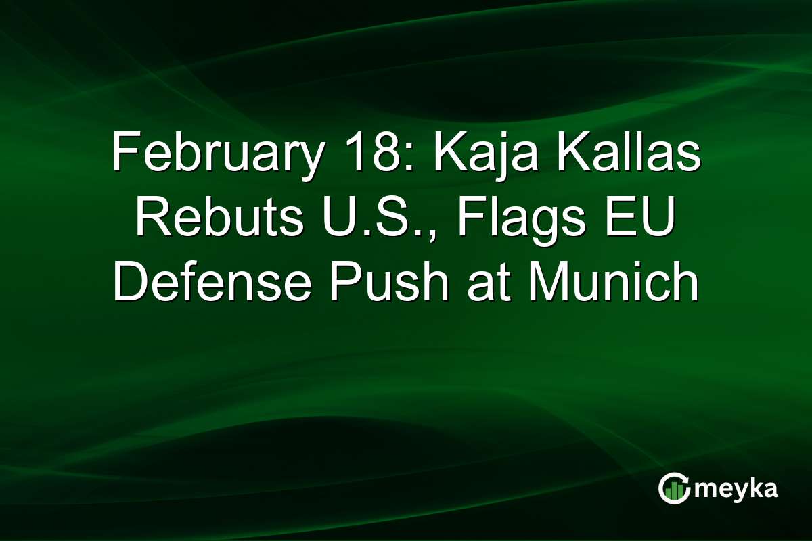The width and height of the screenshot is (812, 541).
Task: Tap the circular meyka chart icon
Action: pyautogui.click(x=673, y=488)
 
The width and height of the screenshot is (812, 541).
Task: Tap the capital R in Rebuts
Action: pyautogui.click(x=151, y=218)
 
